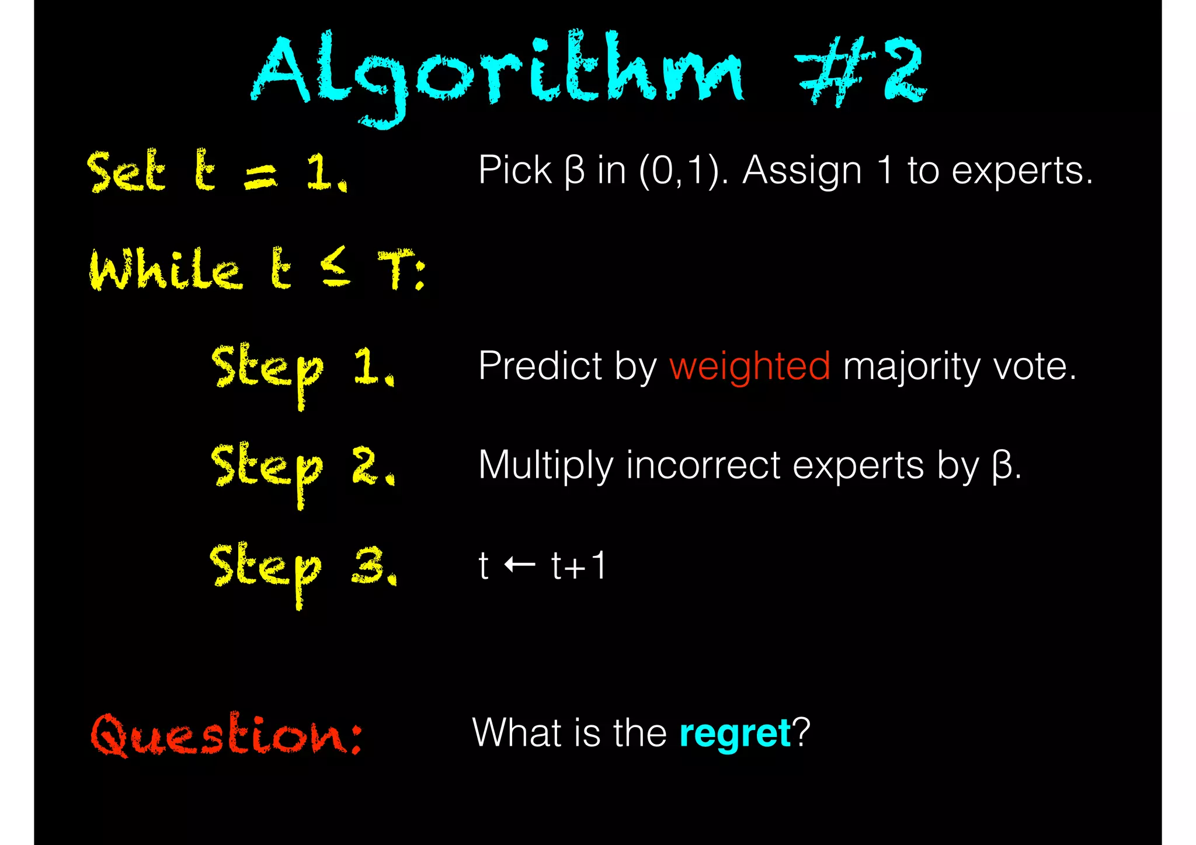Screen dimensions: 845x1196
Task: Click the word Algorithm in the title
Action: coord(496,73)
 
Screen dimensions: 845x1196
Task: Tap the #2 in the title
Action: coord(861,71)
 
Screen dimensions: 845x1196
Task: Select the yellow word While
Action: coord(165,269)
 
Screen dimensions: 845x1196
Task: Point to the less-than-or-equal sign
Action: coord(335,267)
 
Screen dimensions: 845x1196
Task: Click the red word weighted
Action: coord(749,367)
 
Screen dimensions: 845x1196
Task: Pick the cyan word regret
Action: coord(735,733)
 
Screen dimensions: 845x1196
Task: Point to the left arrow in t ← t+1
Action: coord(519,565)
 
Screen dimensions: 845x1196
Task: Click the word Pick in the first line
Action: coord(514,171)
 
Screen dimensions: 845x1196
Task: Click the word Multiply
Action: coord(545,466)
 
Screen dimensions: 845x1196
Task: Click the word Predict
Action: coord(540,367)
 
